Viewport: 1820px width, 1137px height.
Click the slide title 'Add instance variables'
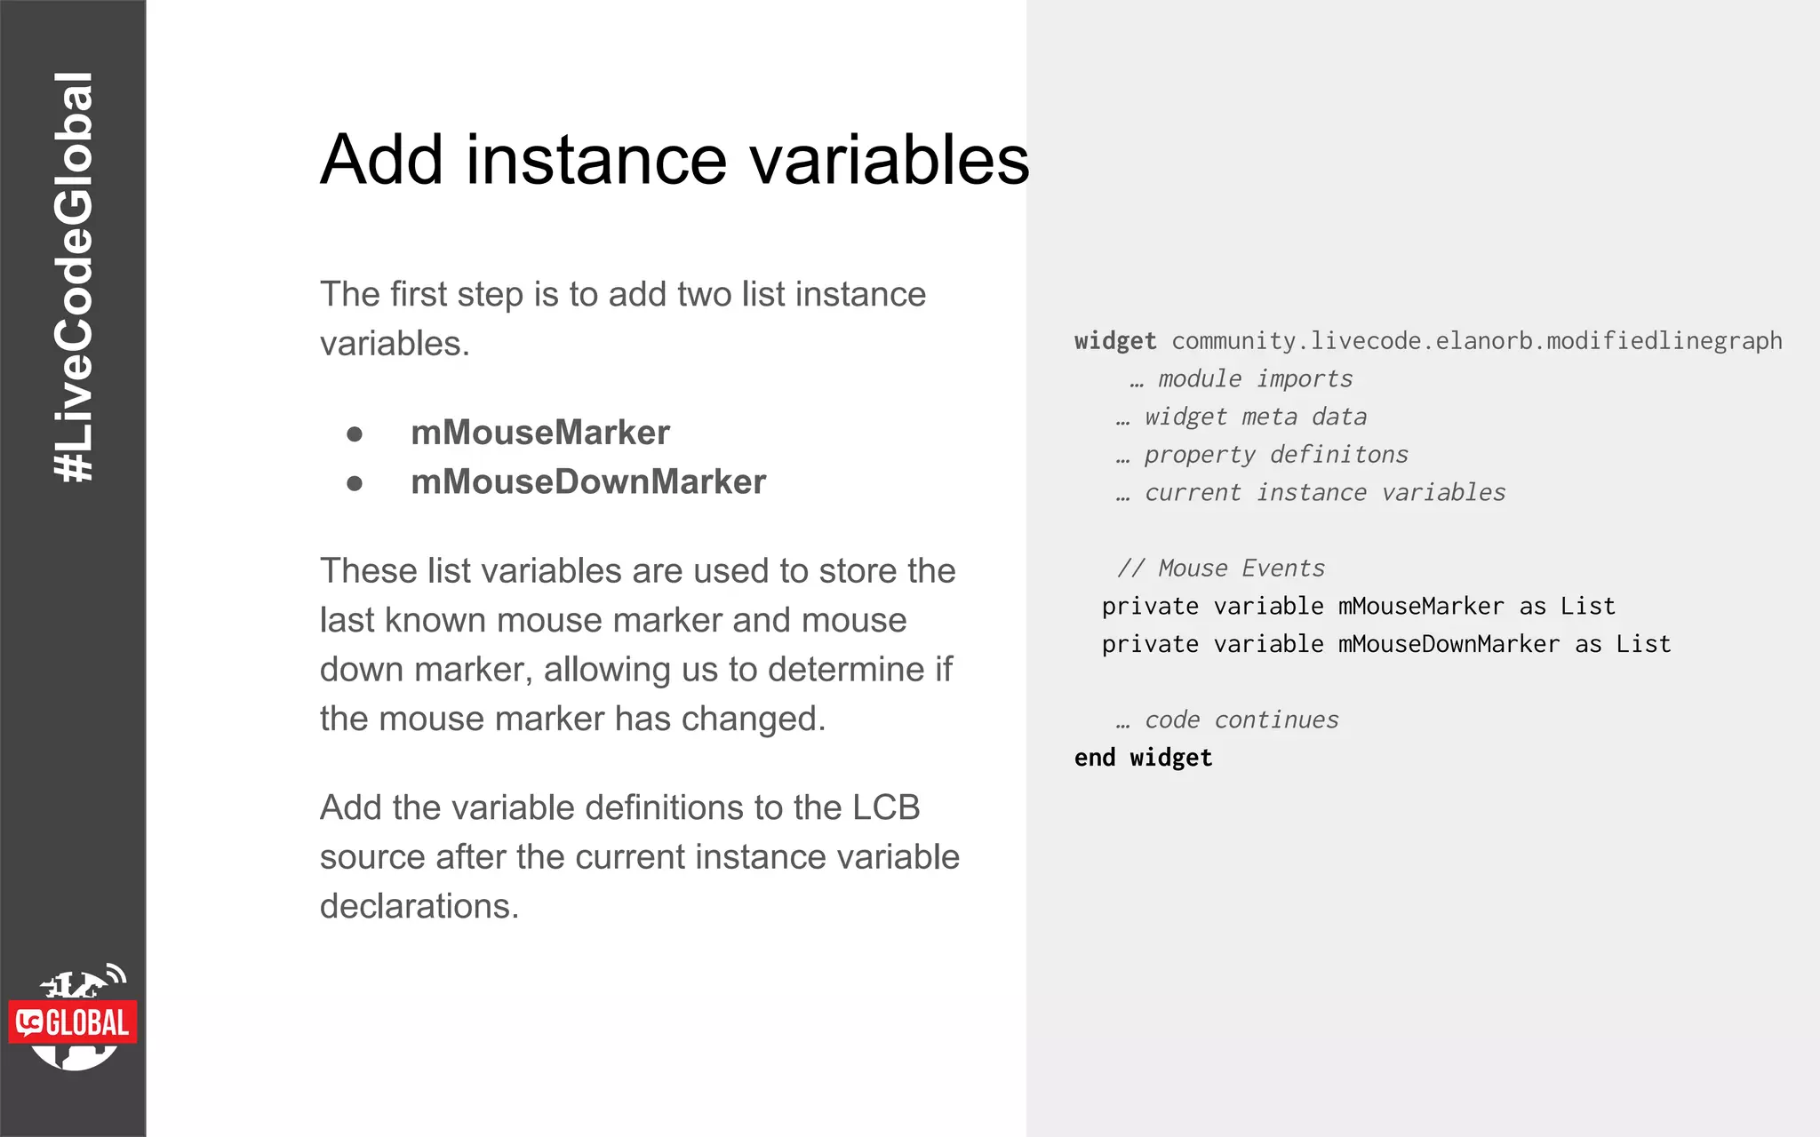pos(675,160)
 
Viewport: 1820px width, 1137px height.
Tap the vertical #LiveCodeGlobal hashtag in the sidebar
pos(73,277)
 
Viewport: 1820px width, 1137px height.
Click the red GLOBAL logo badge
pos(73,1022)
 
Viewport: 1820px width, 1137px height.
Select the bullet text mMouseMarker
pos(539,433)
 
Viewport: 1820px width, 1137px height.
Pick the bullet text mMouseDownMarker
pos(587,482)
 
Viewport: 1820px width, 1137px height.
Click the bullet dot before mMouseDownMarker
pos(355,483)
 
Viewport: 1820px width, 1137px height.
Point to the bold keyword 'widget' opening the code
pos(1115,341)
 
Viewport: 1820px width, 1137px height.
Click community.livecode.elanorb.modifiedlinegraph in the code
pos(1477,341)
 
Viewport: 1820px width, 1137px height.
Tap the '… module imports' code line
pos(1241,379)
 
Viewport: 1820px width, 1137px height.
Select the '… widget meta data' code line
pos(1241,417)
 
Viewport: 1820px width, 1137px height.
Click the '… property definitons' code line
pos(1262,455)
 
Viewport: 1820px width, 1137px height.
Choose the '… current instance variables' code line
pos(1311,493)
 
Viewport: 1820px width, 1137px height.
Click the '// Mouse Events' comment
pos(1221,568)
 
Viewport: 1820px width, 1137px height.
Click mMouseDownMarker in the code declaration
pos(1449,645)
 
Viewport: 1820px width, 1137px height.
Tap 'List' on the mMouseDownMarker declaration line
pos(1643,645)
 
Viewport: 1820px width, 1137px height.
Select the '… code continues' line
pos(1227,720)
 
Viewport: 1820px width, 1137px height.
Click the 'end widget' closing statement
pos(1143,758)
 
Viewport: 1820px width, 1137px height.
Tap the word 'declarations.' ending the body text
pos(419,906)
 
